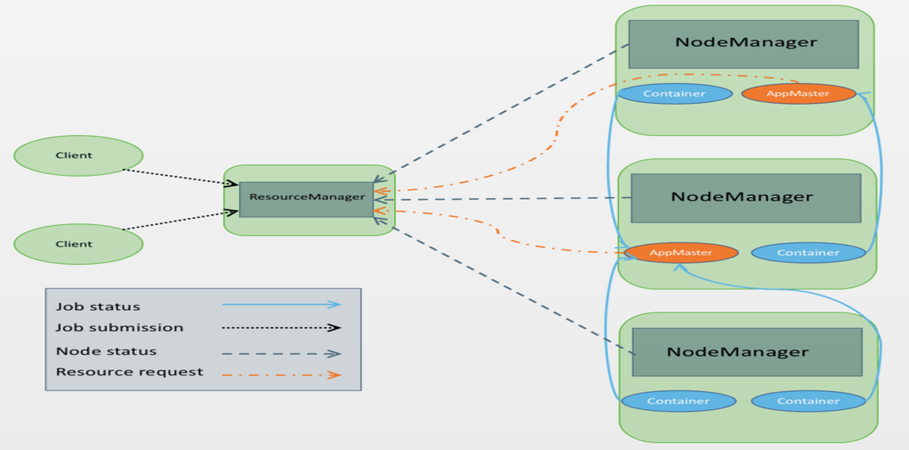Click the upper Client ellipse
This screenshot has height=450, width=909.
coord(78,156)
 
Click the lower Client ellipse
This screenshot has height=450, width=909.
coord(78,244)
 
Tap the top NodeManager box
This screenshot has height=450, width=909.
coord(743,44)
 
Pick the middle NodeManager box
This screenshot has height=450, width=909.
coord(745,197)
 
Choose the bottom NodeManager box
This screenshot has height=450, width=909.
coord(746,352)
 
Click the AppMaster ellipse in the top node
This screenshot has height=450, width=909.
coord(798,93)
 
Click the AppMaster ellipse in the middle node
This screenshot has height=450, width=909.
coord(680,253)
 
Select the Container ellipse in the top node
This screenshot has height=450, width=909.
coord(674,93)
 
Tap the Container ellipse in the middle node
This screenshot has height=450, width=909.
coord(808,253)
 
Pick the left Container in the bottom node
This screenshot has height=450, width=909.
coord(678,402)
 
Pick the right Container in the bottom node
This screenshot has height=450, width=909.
coord(808,402)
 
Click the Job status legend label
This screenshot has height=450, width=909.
coord(98,306)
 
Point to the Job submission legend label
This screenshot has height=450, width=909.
coord(119,328)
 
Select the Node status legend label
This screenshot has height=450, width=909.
coord(106,351)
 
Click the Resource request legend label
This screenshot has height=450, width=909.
coord(129,372)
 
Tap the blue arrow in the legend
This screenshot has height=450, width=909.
coord(281,305)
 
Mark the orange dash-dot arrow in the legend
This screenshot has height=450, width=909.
coord(281,376)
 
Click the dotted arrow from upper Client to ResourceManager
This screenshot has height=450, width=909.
coord(177,177)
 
